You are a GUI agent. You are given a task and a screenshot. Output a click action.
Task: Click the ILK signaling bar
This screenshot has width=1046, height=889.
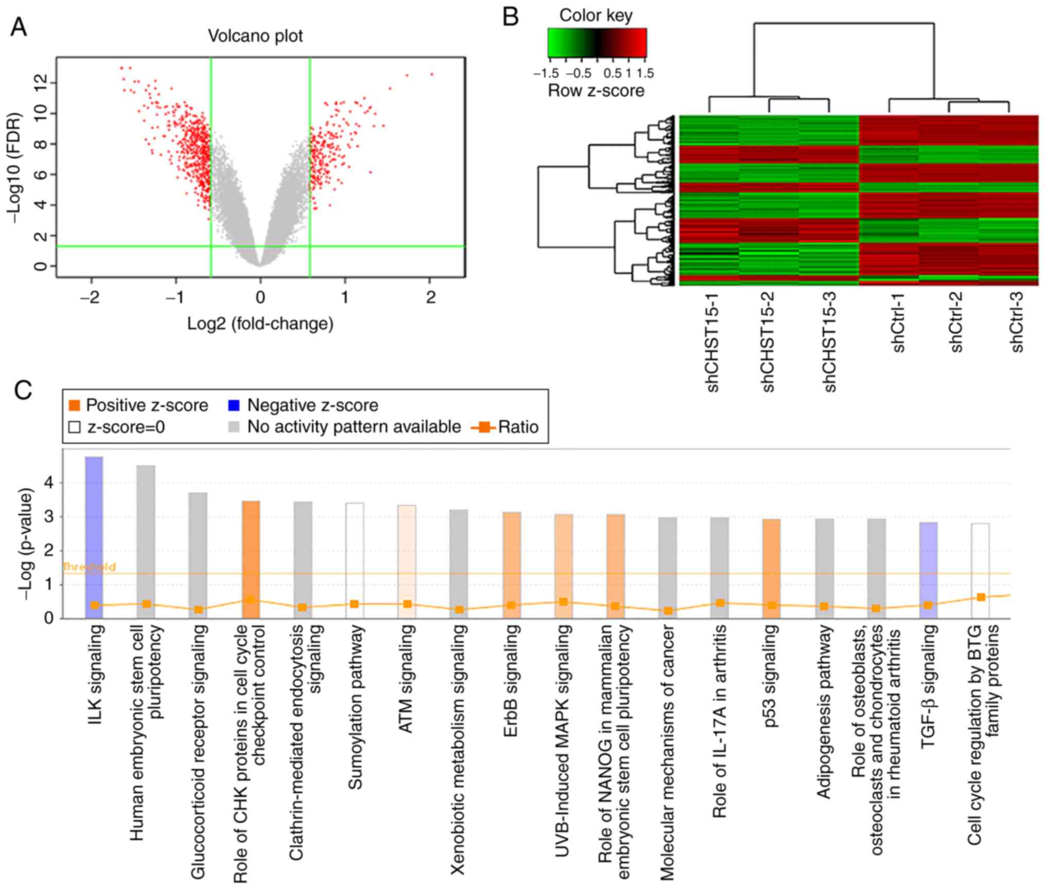click(x=94, y=535)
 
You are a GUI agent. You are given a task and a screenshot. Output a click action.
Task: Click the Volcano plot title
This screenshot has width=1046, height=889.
click(x=255, y=36)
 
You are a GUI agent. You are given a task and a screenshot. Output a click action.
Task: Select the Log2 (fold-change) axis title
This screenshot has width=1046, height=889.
click(x=260, y=324)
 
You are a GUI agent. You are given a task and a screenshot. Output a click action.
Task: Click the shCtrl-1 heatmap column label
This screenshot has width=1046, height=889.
click(x=899, y=323)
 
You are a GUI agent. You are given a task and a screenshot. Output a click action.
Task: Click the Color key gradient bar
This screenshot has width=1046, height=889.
click(x=597, y=42)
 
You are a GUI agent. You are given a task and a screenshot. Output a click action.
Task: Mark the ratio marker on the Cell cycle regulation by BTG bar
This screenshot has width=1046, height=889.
click(x=981, y=597)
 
